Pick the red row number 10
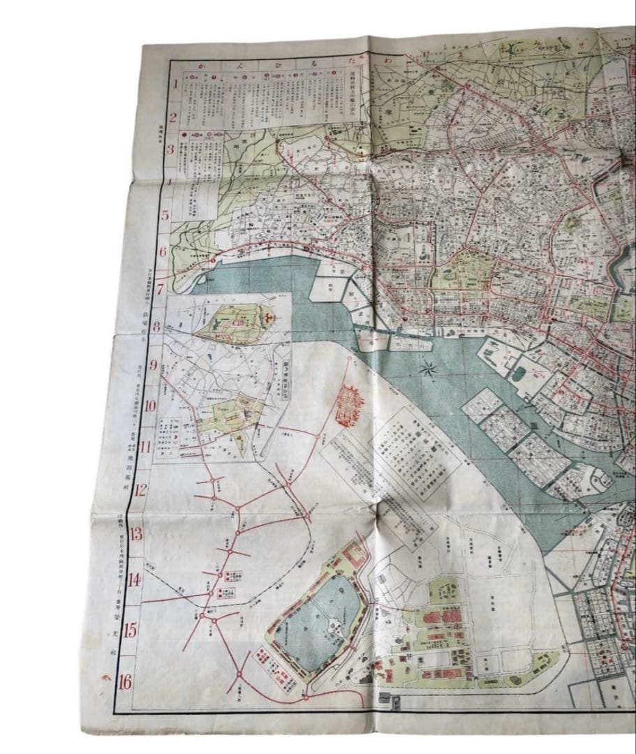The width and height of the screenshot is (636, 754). coord(150,406)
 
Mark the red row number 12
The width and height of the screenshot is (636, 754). coord(142,489)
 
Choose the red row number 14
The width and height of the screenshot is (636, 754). coord(134,580)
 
